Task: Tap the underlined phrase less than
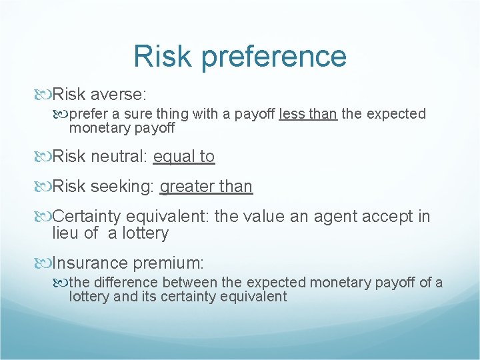(308, 114)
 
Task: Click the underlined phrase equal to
(183, 157)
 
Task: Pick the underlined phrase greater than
(206, 187)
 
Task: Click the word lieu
(67, 233)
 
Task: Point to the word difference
(124, 283)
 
